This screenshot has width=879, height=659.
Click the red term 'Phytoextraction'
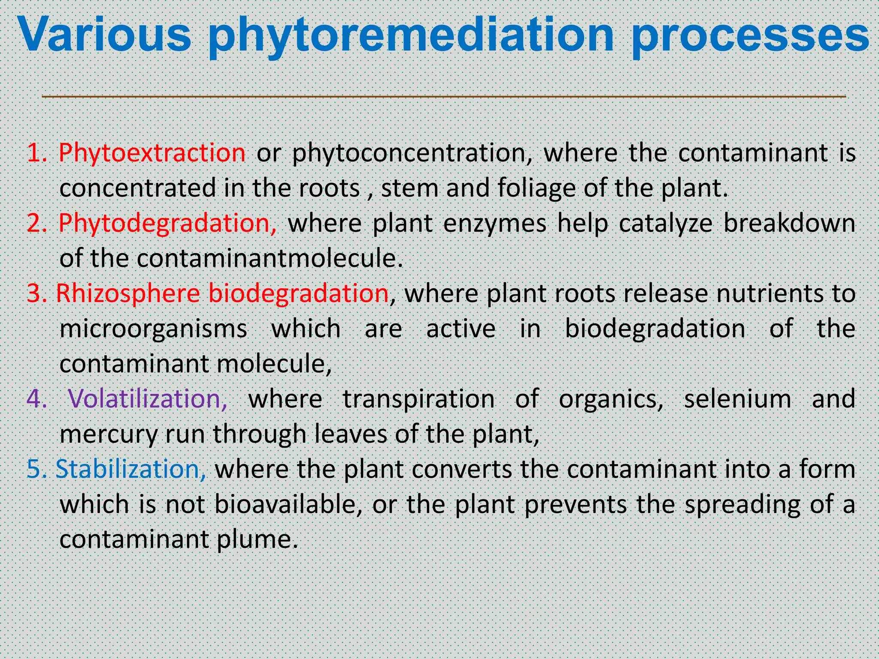tap(152, 153)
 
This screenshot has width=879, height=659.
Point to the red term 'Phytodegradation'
tap(167, 223)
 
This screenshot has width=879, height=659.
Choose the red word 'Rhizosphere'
tap(128, 293)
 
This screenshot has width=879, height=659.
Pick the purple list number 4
tap(36, 399)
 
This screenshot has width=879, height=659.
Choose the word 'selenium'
tap(737, 399)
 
